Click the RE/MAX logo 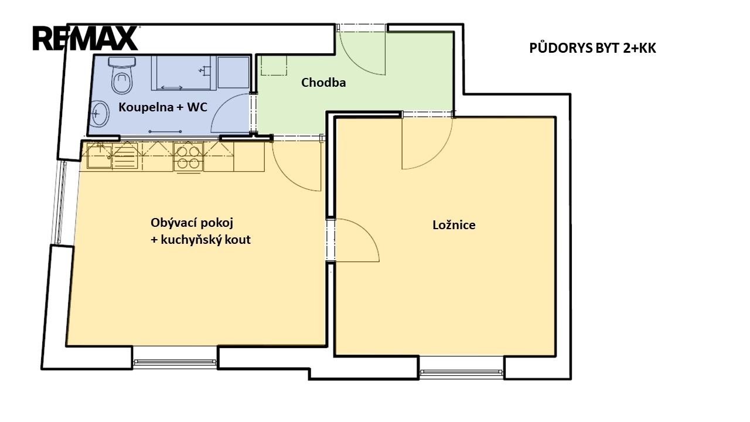(86, 39)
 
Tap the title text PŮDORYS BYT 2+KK (592, 48)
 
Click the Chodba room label (323, 83)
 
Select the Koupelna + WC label (163, 107)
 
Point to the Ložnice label (454, 224)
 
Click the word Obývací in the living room (175, 223)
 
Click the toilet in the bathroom (122, 75)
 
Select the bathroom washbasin (100, 114)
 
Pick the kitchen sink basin (100, 155)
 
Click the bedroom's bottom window (461, 372)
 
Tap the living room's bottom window (175, 362)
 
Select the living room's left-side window (62, 203)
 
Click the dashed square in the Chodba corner (274, 65)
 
